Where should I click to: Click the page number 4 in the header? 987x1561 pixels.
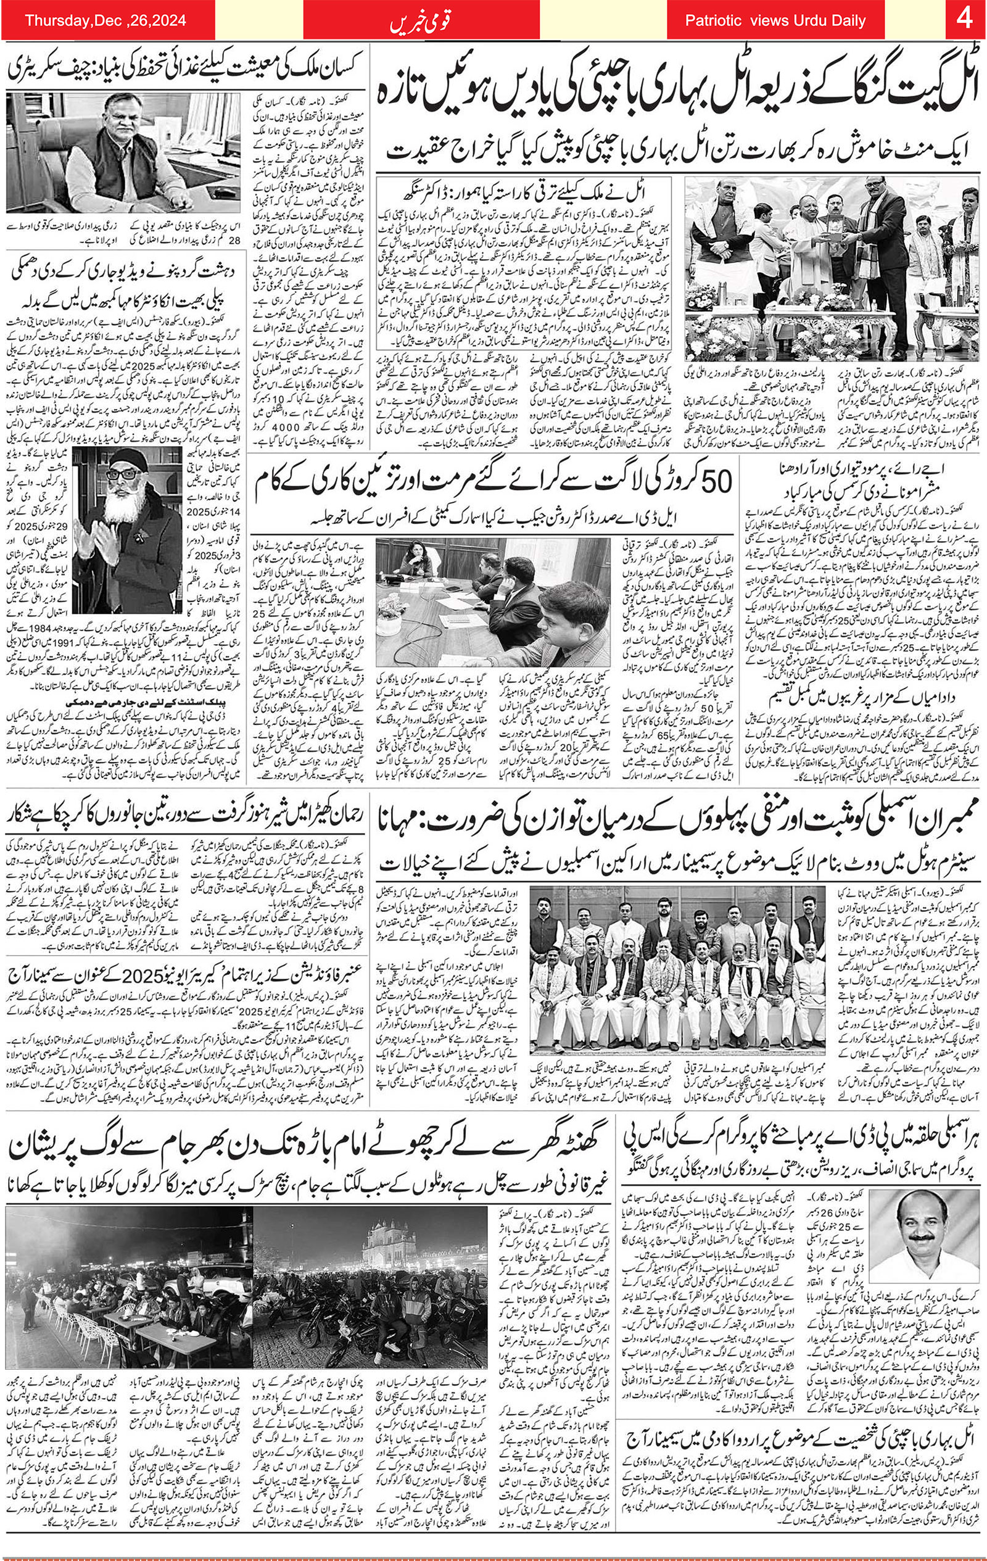point(964,20)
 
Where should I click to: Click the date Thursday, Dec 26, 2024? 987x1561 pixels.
point(105,21)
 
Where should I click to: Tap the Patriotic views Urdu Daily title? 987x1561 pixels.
point(775,21)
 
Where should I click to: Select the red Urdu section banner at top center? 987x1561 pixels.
point(421,21)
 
